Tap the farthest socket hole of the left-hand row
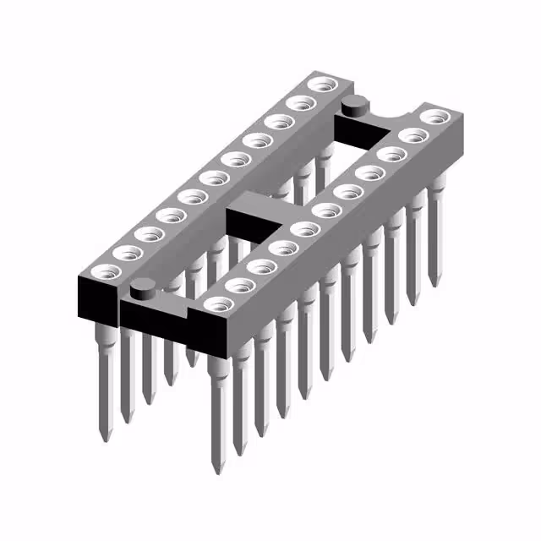coord(322,85)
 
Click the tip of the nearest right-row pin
coord(213,464)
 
